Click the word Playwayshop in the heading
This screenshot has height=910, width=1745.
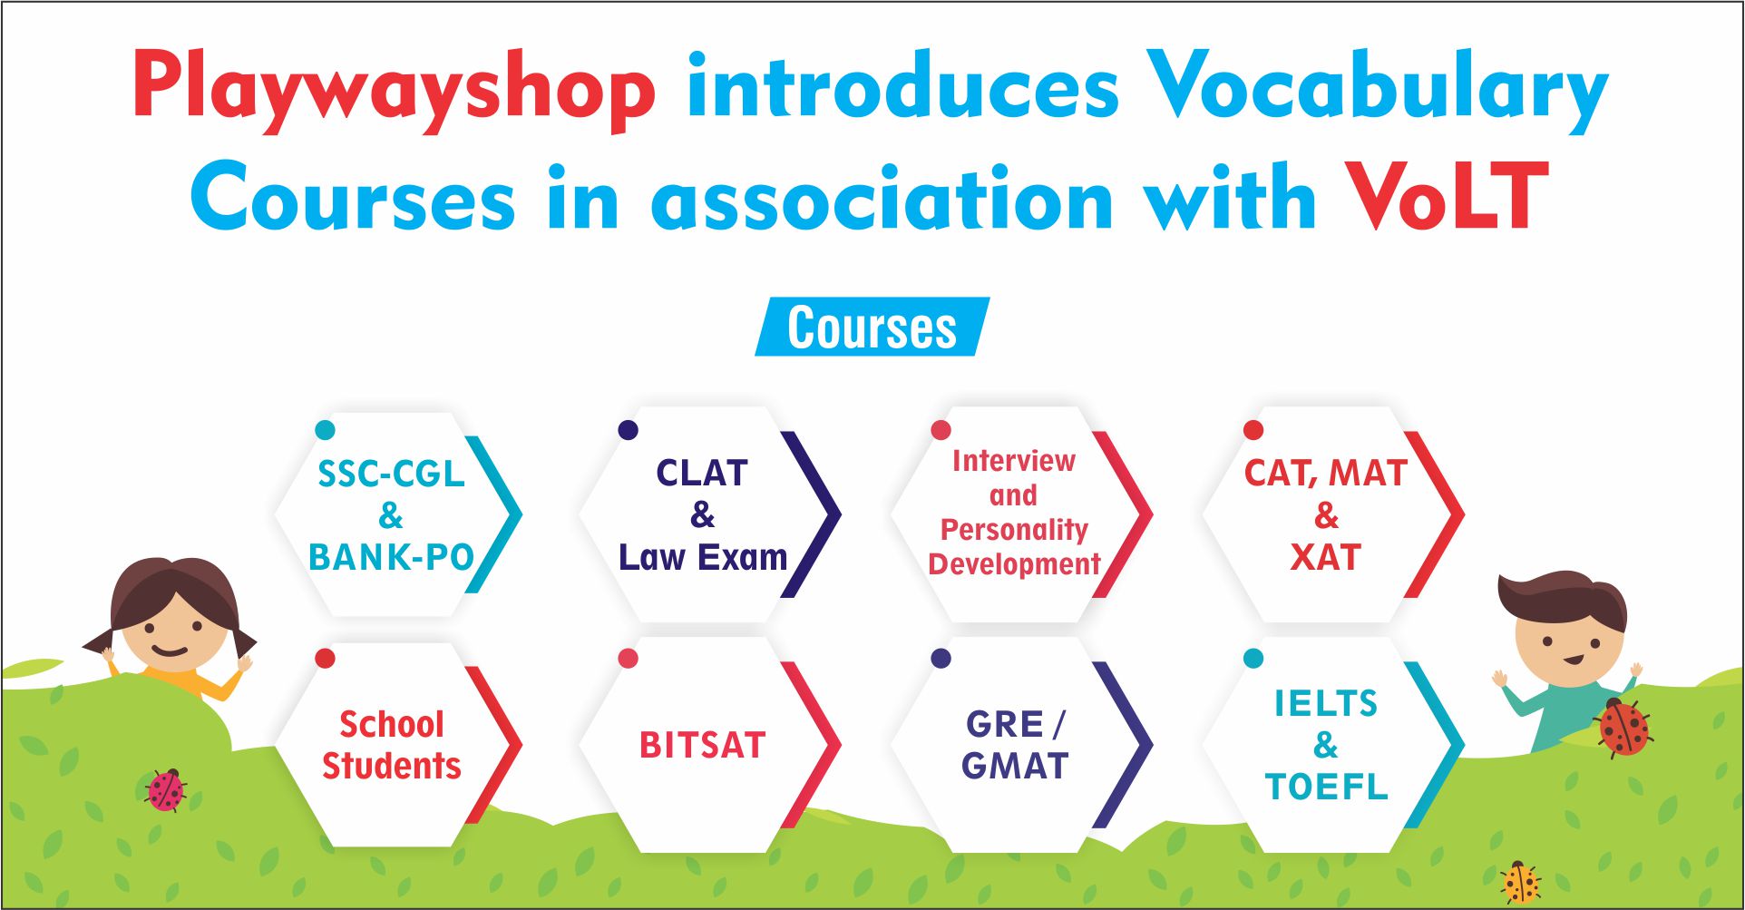394,91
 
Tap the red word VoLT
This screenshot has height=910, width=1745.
1446,197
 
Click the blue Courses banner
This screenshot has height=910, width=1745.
872,327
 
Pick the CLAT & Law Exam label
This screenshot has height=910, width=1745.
703,514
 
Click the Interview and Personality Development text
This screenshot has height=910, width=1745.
1014,513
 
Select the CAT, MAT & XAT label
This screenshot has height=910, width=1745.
1325,514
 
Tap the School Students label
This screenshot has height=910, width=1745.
392,745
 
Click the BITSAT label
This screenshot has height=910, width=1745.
703,745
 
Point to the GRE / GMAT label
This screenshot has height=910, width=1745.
1015,745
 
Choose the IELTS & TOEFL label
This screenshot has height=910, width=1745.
1326,745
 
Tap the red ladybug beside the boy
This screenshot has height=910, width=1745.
1623,728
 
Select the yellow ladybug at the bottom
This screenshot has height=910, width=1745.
1520,883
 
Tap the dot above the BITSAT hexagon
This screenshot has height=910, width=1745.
628,659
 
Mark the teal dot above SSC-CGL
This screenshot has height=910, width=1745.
325,430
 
